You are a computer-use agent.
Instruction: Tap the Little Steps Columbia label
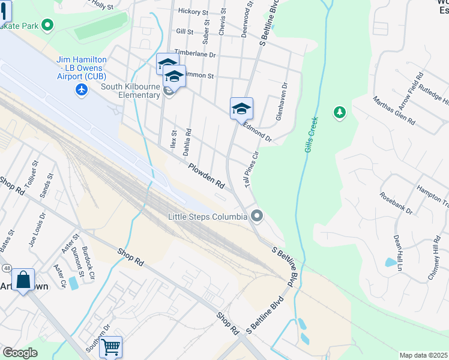(208, 217)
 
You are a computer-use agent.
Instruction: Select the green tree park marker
(340, 112)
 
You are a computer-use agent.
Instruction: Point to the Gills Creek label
(310, 134)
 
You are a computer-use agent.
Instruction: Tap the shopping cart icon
(111, 346)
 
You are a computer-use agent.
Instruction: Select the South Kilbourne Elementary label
(130, 91)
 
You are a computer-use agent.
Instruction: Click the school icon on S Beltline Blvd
(241, 108)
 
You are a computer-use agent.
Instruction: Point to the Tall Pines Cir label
(251, 169)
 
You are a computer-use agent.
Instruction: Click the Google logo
(20, 352)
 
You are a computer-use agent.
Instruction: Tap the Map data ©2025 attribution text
(423, 355)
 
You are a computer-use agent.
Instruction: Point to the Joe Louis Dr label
(37, 229)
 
